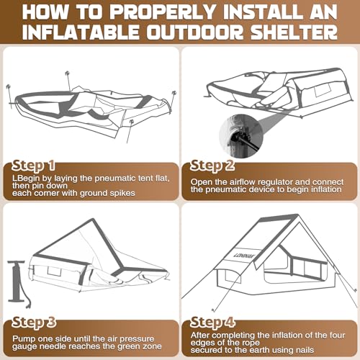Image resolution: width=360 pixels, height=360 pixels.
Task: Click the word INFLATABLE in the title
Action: point(81,32)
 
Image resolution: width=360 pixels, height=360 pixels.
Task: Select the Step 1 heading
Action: point(33,166)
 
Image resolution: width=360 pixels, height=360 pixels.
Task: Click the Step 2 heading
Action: point(212,166)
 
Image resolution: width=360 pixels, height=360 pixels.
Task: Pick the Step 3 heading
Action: point(34,322)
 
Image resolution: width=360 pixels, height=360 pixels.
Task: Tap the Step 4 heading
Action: point(212,322)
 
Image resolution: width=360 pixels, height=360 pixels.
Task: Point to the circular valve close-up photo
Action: point(241,136)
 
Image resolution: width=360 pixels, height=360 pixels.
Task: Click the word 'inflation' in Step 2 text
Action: point(326,189)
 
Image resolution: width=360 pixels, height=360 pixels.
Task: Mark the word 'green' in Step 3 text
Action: point(128,347)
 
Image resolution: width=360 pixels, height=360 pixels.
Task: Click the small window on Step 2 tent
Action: point(323,91)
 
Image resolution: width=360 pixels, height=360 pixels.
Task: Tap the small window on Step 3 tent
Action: point(54,271)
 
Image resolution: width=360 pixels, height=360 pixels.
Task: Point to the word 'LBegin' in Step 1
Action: point(26,179)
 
